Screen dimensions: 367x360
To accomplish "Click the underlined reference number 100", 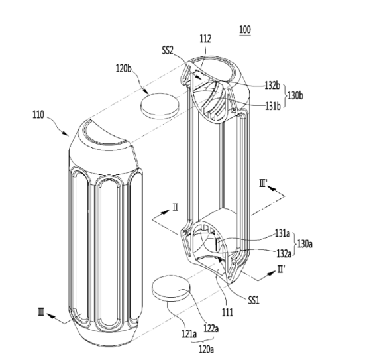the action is [245, 30].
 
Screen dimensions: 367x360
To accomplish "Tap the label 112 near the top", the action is [205, 39].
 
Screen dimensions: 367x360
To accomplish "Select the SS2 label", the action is [168, 50].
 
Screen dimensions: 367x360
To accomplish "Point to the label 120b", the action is [124, 68].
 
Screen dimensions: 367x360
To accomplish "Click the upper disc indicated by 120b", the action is [160, 105].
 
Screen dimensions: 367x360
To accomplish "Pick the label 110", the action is [38, 115].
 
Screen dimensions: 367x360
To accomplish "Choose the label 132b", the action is [272, 86].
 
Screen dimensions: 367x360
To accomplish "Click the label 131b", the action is [273, 106].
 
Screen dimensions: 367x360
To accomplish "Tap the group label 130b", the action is [295, 95].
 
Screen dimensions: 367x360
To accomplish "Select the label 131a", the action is [282, 233].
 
